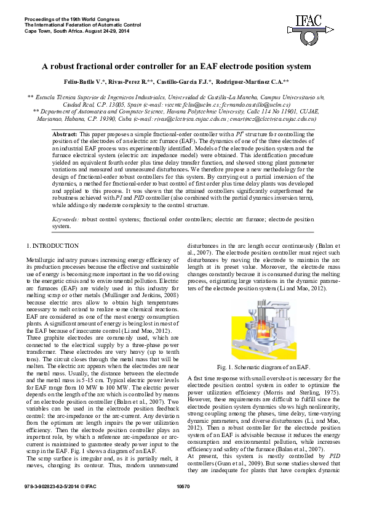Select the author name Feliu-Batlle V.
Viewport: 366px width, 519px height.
click(x=91, y=81)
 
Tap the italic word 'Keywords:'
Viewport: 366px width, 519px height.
click(x=65, y=219)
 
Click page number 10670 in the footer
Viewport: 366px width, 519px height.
click(x=183, y=505)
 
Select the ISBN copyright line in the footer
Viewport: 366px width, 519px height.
click(x=59, y=505)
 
